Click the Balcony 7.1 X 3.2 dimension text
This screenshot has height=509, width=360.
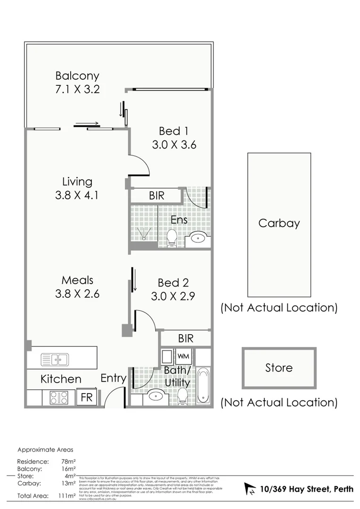coord(77,89)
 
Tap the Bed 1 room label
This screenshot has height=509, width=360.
coord(173,131)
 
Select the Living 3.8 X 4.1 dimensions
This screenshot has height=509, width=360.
coord(77,195)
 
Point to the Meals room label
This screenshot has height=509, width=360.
coord(77,280)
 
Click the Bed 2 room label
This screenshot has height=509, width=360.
coord(173,283)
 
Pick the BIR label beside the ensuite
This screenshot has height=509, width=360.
coord(156,196)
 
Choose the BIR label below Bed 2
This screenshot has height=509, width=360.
coord(186,338)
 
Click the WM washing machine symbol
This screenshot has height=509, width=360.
coord(183,355)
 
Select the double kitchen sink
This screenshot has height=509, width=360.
coord(55,360)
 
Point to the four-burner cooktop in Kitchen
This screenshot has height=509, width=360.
coord(59,398)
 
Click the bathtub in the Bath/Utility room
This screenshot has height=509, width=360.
coord(204,385)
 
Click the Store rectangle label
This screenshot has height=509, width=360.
coord(279,368)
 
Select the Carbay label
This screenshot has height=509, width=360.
coord(279,223)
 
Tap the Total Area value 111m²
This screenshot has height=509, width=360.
coord(67,496)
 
